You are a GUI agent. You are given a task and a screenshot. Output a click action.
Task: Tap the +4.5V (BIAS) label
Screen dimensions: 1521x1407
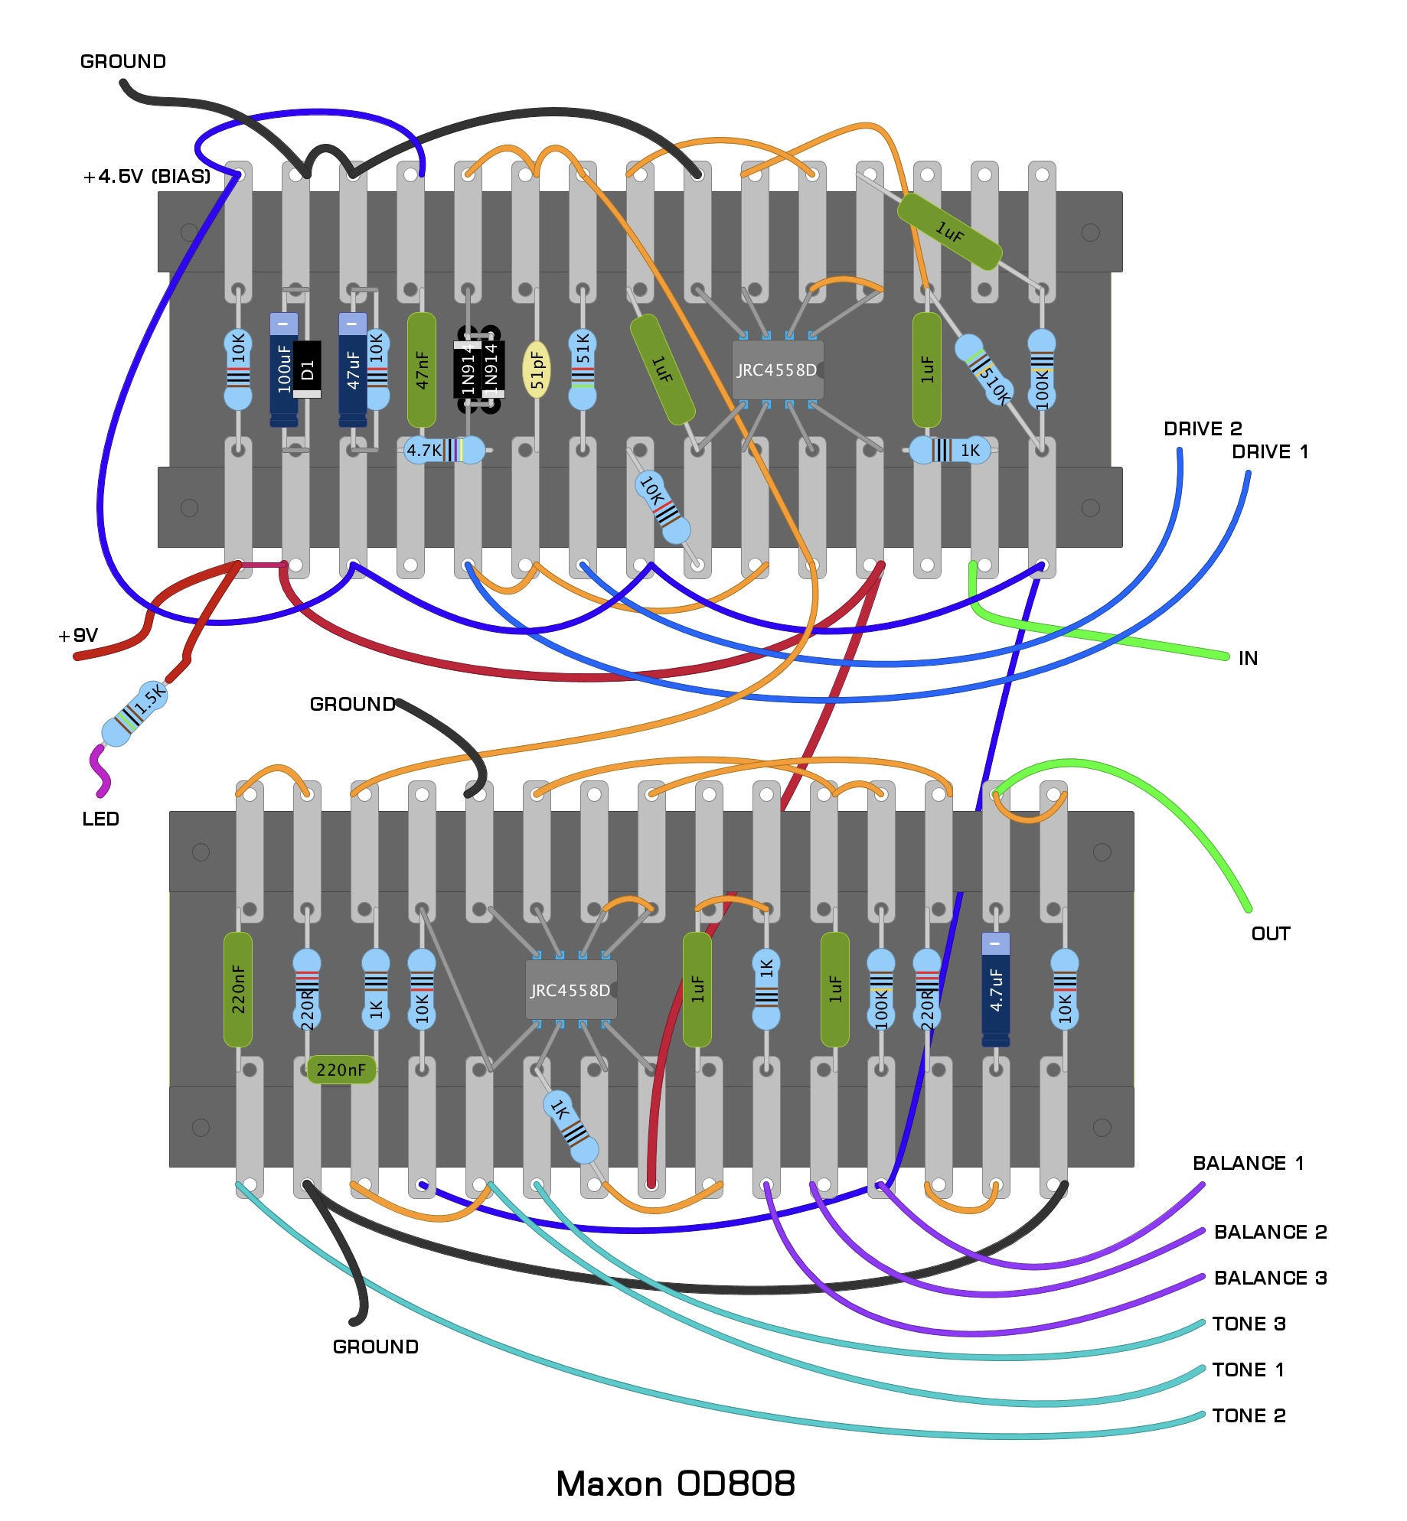[146, 177]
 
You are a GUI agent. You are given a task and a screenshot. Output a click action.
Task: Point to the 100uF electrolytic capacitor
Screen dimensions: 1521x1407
[283, 370]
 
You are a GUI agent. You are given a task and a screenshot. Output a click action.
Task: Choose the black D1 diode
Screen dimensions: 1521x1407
[308, 370]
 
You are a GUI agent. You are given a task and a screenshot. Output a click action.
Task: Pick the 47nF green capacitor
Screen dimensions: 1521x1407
[421, 370]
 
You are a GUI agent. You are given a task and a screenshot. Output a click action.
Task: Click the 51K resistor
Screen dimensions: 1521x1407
[583, 370]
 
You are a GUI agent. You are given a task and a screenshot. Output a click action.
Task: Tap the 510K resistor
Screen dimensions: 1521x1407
[984, 370]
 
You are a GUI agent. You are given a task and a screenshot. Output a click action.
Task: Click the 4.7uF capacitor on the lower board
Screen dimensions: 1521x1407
[995, 988]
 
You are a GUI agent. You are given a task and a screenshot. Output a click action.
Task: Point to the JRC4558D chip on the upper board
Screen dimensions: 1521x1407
[777, 370]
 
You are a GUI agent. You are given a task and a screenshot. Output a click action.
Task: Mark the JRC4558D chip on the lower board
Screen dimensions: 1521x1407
[570, 990]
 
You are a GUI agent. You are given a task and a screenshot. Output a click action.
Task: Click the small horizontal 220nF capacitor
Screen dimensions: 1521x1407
[341, 1070]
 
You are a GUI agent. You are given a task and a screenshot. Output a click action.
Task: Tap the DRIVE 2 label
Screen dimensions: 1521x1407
[1203, 428]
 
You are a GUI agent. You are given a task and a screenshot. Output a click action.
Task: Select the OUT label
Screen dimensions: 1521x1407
[1271, 933]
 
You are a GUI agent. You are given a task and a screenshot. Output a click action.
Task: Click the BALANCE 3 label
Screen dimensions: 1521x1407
[1270, 1278]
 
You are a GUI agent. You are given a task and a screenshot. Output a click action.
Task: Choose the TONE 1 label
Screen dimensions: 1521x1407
[1248, 1370]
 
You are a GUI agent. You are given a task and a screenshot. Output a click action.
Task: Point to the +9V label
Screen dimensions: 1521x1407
[78, 635]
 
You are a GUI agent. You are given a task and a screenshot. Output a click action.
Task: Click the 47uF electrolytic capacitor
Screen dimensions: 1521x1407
[352, 370]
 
